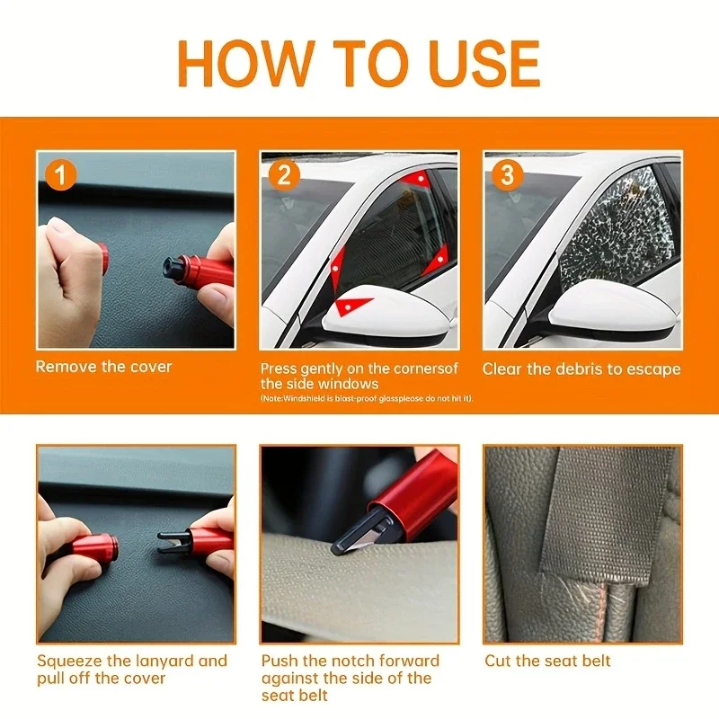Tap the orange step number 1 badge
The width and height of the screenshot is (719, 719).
point(60,174)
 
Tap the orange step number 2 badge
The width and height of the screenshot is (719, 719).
point(284,174)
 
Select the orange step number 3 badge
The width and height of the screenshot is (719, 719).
point(507,174)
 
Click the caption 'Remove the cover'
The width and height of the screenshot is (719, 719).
point(103,367)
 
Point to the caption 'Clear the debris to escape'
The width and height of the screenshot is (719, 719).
point(581,369)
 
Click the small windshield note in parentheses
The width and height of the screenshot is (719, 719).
point(367,398)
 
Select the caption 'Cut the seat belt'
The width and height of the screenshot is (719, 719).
point(547,661)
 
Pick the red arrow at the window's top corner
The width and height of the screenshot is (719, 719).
point(417,179)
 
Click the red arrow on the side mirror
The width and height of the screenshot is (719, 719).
point(352,306)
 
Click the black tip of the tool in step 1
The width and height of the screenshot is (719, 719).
point(173,268)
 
